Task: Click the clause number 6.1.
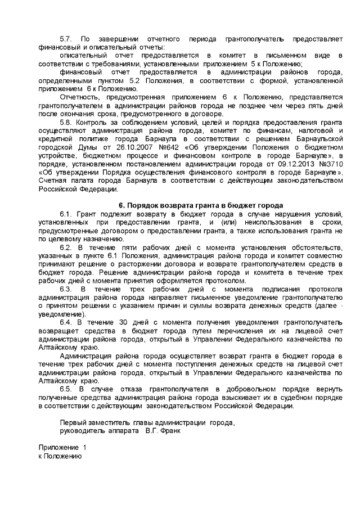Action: (66, 214)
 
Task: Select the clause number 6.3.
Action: (66, 289)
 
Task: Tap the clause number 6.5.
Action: (66, 389)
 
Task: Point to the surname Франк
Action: (169, 432)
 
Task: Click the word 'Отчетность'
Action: (78, 97)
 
